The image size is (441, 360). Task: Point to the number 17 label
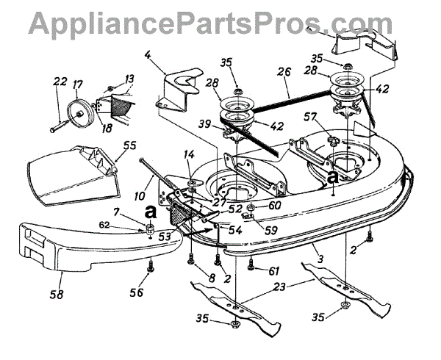(x=77, y=84)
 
